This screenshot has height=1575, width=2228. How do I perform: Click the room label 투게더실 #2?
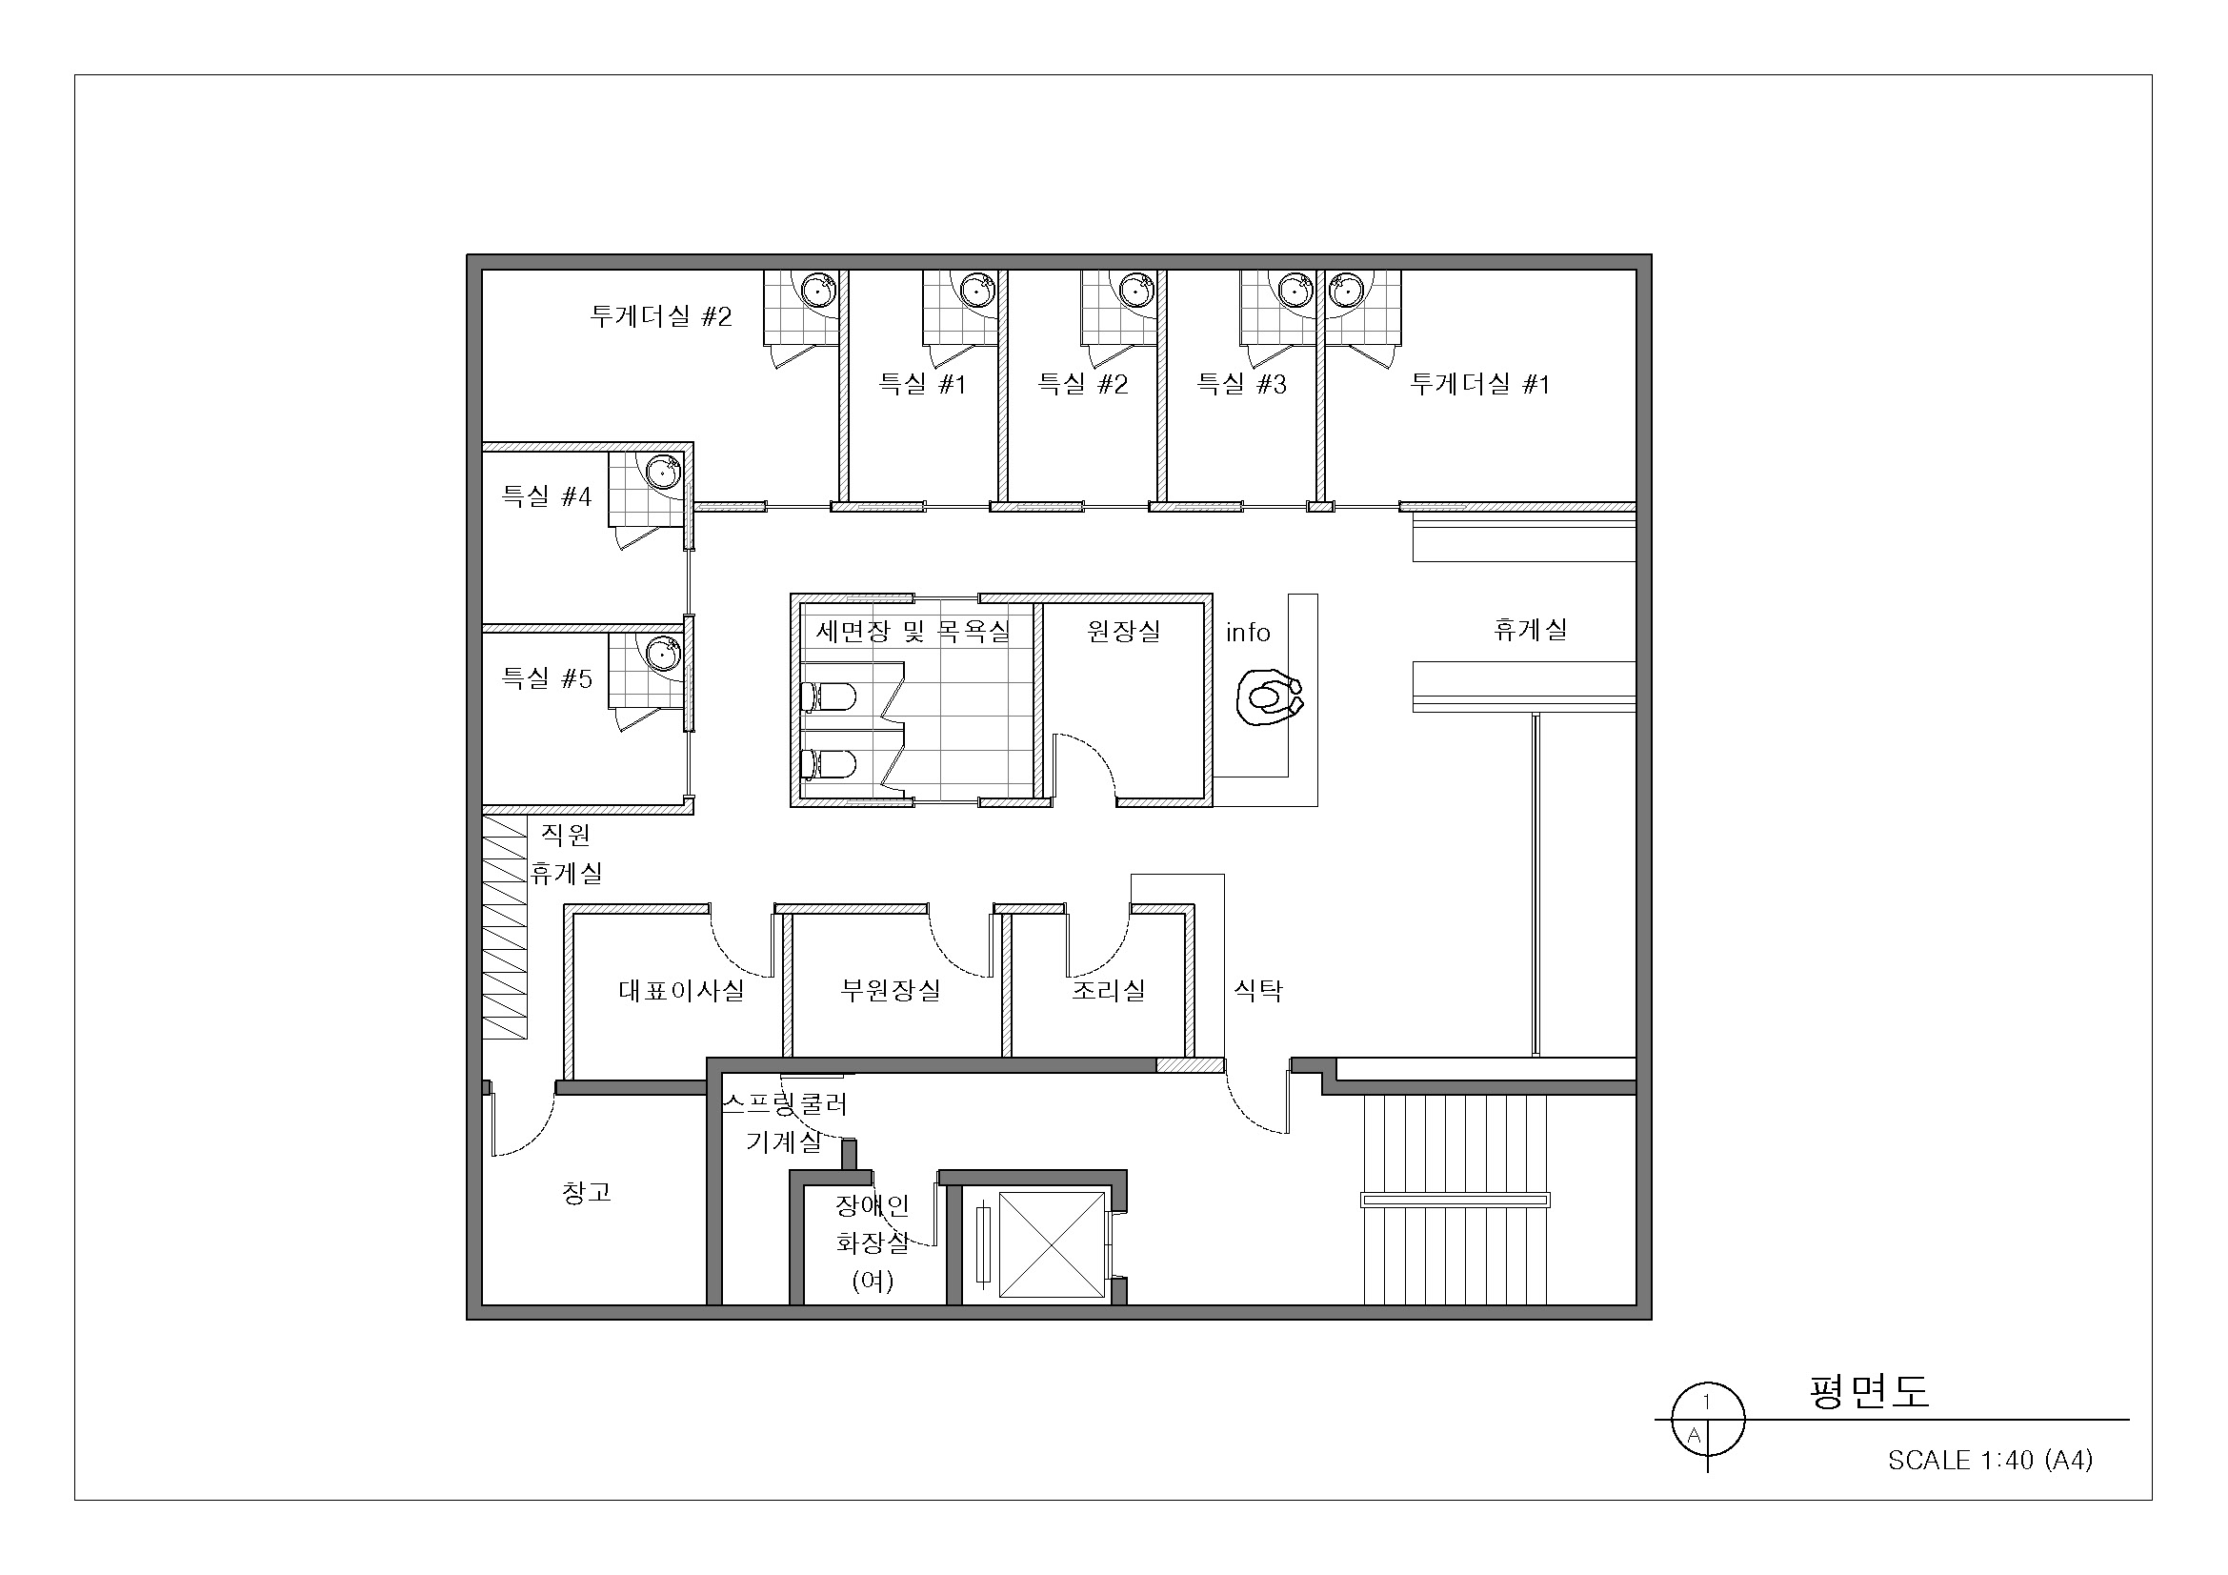(661, 316)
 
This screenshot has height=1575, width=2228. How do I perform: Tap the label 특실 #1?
(922, 384)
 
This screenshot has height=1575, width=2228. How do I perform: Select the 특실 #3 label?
(1241, 384)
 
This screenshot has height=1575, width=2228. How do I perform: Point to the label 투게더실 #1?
(1480, 384)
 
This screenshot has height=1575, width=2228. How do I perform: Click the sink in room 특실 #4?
(664, 474)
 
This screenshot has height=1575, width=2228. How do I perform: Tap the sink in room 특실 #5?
(664, 653)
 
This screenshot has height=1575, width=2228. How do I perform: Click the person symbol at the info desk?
(1269, 697)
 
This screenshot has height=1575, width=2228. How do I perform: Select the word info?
(1248, 633)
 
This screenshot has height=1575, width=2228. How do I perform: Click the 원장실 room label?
(1124, 631)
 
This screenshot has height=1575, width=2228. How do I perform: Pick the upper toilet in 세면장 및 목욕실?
(828, 697)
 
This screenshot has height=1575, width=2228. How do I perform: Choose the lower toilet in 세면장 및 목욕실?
(828, 765)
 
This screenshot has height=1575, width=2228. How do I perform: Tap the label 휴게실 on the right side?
(1531, 629)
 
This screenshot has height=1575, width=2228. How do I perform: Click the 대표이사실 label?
(681, 990)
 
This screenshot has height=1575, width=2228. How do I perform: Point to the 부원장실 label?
(891, 990)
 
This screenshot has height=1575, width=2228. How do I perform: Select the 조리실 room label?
(1108, 990)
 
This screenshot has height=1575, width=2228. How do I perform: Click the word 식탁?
(1257, 990)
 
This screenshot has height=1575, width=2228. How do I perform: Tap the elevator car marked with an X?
(1052, 1245)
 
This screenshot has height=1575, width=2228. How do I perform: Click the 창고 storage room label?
(587, 1192)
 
